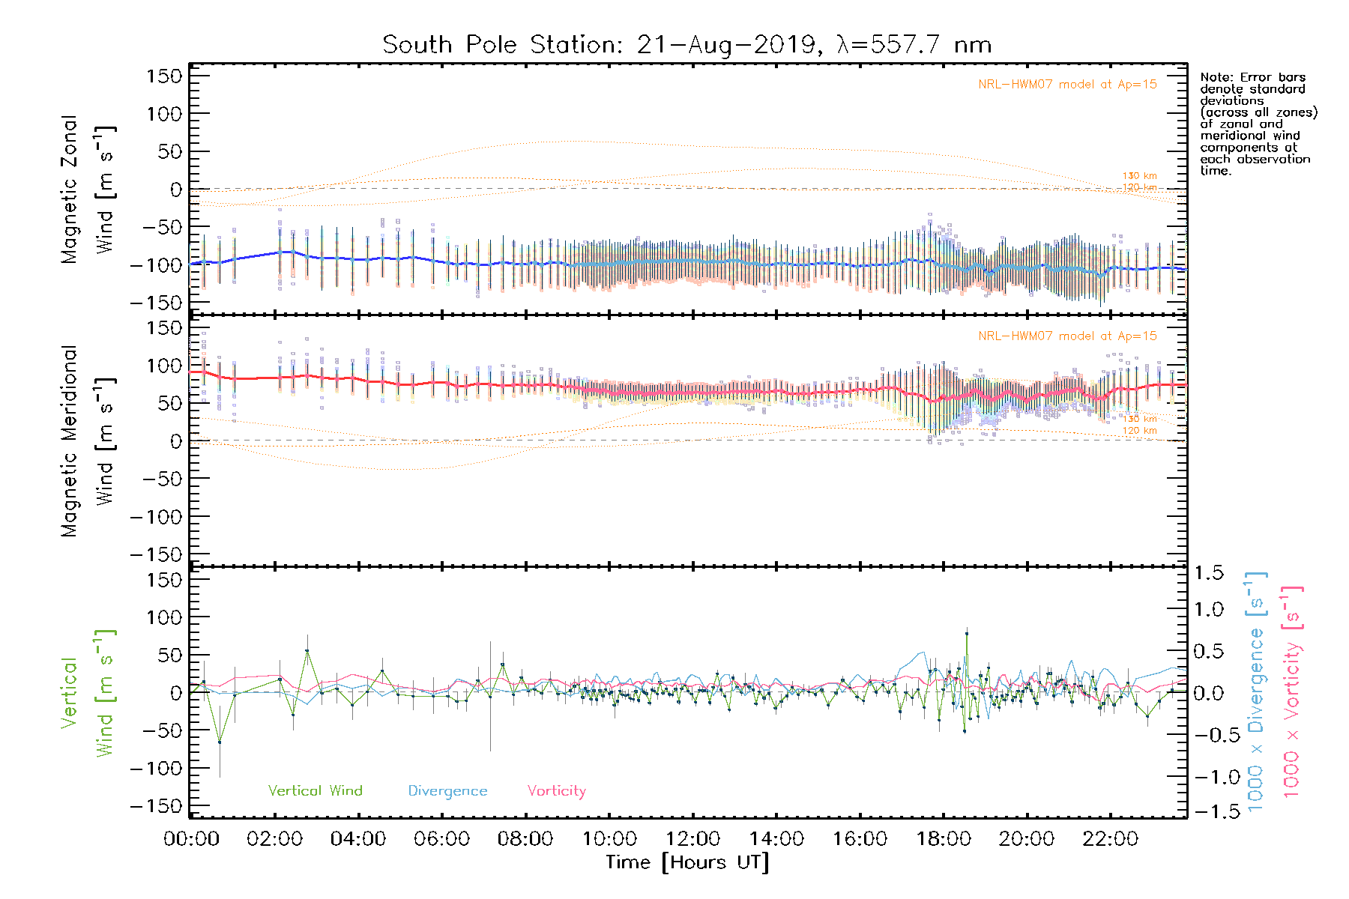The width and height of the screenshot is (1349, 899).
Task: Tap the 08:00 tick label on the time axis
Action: tap(525, 839)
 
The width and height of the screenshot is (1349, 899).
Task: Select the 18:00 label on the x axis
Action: tap(944, 839)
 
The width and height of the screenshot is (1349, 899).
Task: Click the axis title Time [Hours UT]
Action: tap(687, 863)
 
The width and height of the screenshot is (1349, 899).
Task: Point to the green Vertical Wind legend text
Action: tap(315, 790)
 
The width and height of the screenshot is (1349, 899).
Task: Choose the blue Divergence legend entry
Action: tap(447, 790)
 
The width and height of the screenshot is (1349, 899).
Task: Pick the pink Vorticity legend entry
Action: tap(556, 790)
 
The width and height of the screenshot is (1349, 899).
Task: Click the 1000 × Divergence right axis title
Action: tap(1256, 692)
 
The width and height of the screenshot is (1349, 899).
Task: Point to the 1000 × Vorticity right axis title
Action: tap(1292, 692)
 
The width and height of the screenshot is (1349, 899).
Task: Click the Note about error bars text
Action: tap(1258, 124)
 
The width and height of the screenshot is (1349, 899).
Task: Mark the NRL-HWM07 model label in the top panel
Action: tap(1067, 85)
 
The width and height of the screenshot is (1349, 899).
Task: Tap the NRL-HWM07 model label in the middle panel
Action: tap(1067, 336)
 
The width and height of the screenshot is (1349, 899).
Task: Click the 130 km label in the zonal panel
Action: tap(1139, 176)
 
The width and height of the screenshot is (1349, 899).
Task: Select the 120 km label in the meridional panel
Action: tap(1139, 430)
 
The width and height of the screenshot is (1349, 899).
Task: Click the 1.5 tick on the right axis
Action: tap(1208, 573)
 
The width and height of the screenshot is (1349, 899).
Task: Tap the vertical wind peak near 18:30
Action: tap(967, 634)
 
